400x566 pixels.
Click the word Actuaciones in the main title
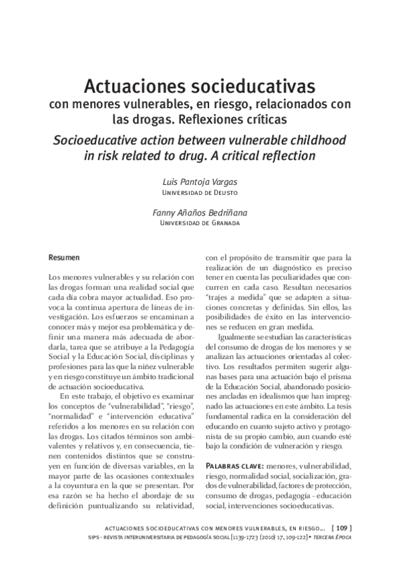126,87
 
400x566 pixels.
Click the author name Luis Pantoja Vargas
200,182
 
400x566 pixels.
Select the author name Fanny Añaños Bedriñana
200,213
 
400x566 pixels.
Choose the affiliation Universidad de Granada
200,224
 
